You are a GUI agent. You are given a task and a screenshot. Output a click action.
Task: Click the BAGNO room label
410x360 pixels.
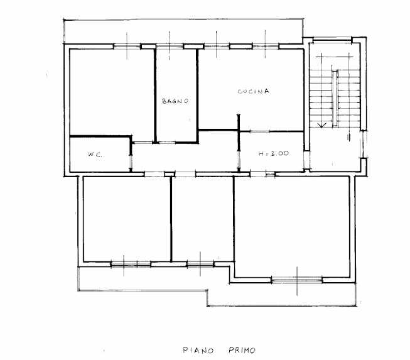pyautogui.click(x=175, y=101)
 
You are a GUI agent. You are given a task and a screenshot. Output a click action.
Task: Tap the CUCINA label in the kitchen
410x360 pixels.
pyautogui.click(x=253, y=92)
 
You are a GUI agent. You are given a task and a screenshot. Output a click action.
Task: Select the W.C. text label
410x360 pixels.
pyautogui.click(x=95, y=153)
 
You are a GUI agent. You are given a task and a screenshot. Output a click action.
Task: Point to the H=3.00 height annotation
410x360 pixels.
pyautogui.click(x=273, y=153)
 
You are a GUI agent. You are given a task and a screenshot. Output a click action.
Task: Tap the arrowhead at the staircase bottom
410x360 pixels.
pyautogui.click(x=321, y=126)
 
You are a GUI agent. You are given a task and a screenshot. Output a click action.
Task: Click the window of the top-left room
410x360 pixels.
pyautogui.click(x=127, y=45)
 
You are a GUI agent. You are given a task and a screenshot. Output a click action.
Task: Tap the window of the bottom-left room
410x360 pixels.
pyautogui.click(x=130, y=264)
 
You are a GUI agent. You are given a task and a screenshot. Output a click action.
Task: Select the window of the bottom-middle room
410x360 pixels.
pyautogui.click(x=200, y=264)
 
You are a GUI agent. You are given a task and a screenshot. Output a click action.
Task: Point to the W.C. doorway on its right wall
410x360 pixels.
pyautogui.click(x=131, y=157)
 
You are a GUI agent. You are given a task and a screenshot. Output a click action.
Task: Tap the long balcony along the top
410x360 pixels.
pyautogui.click(x=182, y=31)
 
